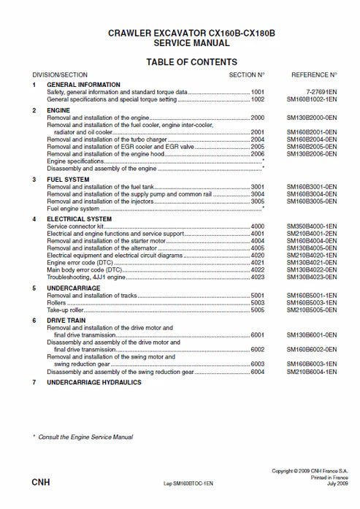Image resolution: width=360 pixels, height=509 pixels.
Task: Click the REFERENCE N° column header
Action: point(314,75)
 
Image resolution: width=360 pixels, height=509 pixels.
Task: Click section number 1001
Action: point(258,93)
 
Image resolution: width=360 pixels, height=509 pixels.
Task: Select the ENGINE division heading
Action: point(59,110)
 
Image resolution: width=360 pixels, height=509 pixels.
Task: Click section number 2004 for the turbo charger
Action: point(258,139)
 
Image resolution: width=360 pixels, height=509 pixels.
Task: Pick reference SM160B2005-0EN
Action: point(312,146)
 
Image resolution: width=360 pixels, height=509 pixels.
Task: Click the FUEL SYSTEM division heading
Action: point(67,179)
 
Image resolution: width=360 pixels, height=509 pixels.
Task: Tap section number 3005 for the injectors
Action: point(258,201)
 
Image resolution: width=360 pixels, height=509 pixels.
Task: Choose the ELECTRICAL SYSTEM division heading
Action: point(79,219)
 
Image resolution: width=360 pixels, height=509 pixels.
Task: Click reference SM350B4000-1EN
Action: point(312,226)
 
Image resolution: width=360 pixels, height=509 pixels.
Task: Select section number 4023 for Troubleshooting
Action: point(258,277)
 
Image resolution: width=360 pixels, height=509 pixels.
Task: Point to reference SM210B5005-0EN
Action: point(312,310)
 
